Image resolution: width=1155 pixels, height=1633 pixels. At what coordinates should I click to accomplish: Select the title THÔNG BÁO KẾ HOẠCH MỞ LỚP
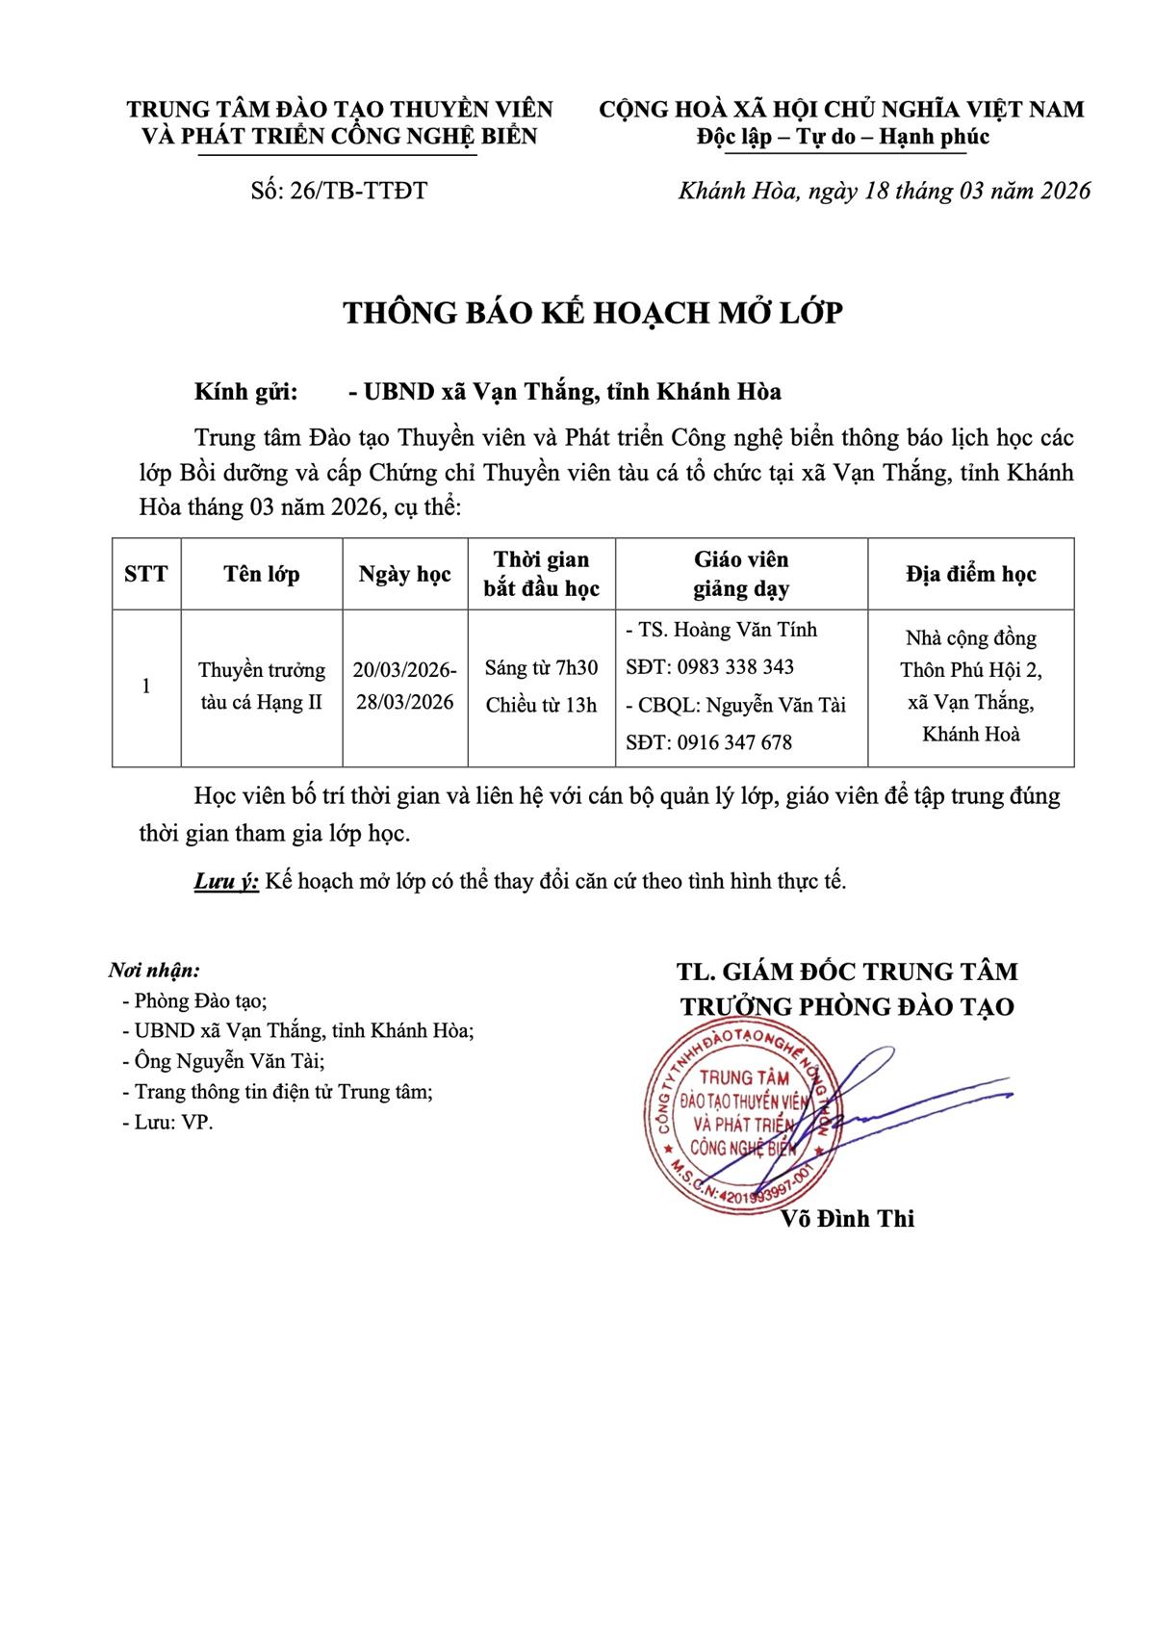[x=594, y=313]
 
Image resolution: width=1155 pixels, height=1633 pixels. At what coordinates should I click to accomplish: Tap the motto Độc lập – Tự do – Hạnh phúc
[x=842, y=137]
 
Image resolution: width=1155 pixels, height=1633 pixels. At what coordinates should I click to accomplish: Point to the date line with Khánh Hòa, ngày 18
[x=885, y=191]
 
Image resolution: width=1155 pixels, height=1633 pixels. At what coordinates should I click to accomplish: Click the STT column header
[x=146, y=575]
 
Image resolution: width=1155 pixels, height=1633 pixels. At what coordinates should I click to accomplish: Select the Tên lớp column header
[x=262, y=575]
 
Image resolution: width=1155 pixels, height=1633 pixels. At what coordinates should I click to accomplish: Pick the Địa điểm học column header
[x=970, y=575]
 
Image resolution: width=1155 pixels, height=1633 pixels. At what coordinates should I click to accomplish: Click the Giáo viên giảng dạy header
[x=741, y=575]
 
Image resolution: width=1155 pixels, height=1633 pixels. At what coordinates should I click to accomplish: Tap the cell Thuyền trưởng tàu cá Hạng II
[x=262, y=687]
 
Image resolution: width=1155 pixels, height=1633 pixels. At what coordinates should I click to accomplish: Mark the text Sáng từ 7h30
[x=541, y=668]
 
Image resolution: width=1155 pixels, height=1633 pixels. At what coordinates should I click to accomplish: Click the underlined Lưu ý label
[x=226, y=881]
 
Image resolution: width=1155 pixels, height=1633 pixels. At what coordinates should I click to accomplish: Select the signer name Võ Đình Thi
[x=848, y=1219]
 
